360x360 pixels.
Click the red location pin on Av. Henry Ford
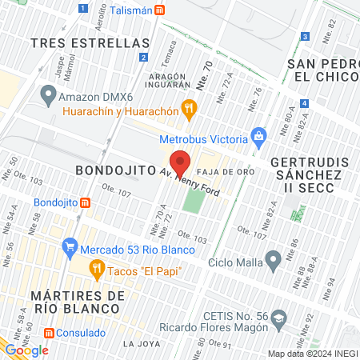coord(180,162)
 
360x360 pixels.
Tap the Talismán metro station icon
coord(161,10)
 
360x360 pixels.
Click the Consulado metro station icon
coord(50,332)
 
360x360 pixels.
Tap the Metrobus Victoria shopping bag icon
coord(258,136)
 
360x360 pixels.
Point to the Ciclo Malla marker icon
coord(274,258)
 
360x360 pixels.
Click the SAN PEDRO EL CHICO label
coord(320,70)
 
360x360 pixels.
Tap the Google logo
coord(26,350)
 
